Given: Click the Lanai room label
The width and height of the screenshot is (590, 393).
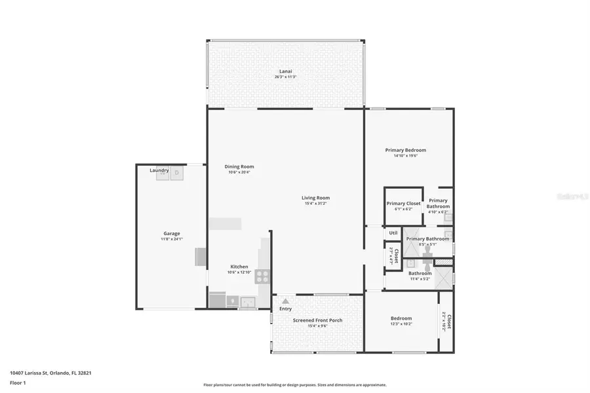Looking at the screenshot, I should click(x=285, y=71).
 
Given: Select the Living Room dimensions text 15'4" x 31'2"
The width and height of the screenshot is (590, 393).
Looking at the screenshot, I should click(x=315, y=204).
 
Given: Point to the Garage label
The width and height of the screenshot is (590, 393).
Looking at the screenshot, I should click(x=172, y=233).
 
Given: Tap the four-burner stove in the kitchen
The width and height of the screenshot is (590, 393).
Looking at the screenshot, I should click(x=262, y=276).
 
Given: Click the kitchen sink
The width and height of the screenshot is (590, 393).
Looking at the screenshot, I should click(x=248, y=302).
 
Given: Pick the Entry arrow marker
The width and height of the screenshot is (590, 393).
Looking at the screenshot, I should click(x=285, y=301).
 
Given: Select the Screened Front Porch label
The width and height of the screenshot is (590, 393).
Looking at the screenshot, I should click(x=317, y=320).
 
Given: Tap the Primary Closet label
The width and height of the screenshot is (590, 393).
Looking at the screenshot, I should click(x=403, y=204).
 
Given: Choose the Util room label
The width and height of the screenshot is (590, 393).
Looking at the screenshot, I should click(x=393, y=233).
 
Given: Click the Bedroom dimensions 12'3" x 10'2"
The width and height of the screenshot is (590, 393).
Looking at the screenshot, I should click(x=401, y=324).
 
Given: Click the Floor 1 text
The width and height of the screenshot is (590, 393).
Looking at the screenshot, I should click(x=18, y=383).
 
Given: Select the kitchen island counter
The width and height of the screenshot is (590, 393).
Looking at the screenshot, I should click(x=225, y=223).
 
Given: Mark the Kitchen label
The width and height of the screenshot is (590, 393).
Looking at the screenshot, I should click(x=239, y=267).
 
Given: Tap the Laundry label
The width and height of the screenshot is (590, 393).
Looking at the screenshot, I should click(x=159, y=170).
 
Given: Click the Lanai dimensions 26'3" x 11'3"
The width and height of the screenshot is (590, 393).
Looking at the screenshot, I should click(x=285, y=77).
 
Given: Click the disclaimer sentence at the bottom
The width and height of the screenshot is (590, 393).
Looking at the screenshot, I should click(x=294, y=385).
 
